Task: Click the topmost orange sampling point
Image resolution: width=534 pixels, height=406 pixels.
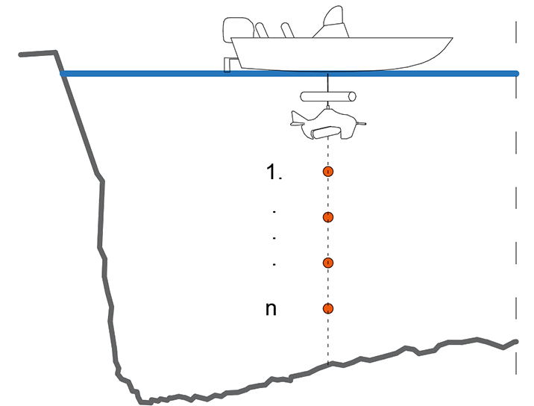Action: (327, 172)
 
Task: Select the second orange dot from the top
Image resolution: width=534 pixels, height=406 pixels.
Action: (327, 217)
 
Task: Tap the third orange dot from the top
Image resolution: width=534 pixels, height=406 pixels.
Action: (327, 263)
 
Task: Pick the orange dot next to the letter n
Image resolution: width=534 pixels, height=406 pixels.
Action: (327, 308)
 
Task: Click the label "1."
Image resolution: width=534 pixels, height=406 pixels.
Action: (274, 172)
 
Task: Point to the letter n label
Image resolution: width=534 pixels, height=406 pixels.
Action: (271, 308)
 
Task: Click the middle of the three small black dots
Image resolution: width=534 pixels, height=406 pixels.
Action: (274, 238)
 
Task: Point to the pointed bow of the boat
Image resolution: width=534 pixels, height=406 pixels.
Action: (450, 39)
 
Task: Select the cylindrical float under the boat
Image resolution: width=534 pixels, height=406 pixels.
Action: (327, 96)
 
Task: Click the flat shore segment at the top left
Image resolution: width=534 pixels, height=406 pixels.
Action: (37, 53)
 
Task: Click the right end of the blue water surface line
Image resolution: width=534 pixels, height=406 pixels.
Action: (515, 73)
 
